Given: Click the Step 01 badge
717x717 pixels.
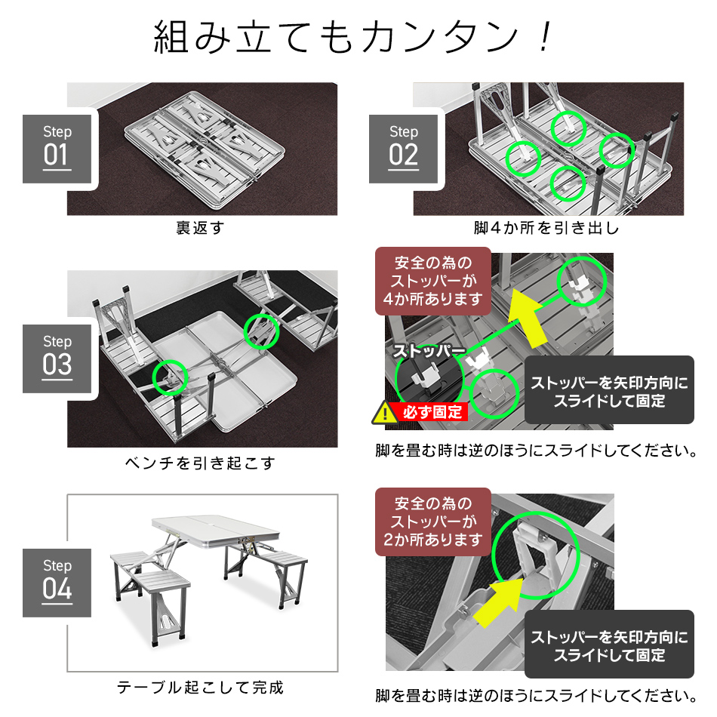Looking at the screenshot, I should point(57,148).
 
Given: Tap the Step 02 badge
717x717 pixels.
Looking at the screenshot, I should point(404,148).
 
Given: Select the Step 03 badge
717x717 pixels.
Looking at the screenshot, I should point(57,358).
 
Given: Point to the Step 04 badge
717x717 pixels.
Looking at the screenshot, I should point(57,582).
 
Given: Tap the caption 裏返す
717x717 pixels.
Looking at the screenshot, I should point(200,227).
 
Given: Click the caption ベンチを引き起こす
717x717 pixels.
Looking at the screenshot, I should point(200,463).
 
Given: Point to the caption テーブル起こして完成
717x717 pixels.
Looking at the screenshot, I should point(200,688).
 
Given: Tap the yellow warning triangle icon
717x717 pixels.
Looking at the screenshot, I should point(386,413).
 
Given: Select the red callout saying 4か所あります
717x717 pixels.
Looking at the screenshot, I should point(432,282).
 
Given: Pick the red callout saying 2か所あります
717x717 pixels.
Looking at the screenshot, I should point(432,522).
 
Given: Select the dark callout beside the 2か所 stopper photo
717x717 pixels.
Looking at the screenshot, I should point(608,645).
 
